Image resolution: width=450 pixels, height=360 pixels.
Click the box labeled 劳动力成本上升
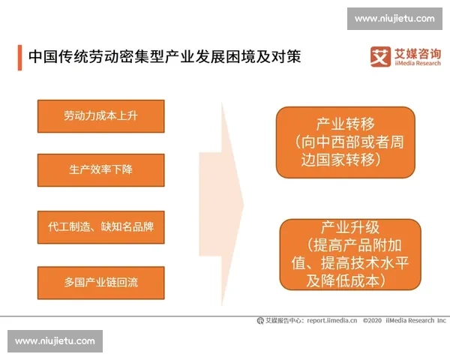[100, 115]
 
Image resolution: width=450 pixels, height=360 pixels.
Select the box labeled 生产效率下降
[100, 170]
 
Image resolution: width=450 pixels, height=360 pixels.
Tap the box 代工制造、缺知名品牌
[100, 226]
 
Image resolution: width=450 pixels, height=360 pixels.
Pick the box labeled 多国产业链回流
[100, 283]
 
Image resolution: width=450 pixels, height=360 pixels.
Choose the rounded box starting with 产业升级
[348, 253]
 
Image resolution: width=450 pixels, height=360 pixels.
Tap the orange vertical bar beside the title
[19, 57]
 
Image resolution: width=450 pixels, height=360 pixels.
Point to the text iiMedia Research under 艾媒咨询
[418, 64]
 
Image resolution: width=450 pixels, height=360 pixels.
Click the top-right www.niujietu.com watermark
[394, 18]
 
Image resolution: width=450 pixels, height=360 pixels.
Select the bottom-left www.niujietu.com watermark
[55, 341]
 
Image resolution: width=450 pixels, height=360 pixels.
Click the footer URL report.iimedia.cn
[331, 320]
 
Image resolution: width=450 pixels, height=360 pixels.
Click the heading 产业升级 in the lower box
[348, 226]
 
